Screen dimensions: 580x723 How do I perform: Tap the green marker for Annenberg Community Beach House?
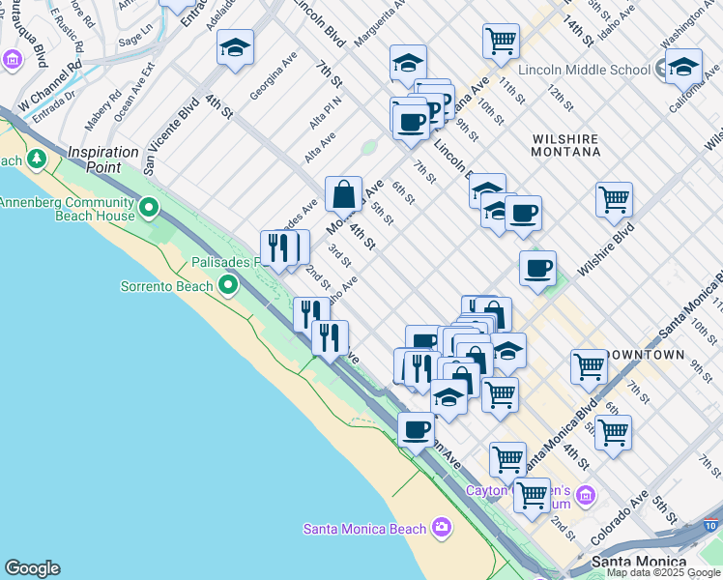(x=149, y=207)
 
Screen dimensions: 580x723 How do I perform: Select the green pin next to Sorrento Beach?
(x=228, y=285)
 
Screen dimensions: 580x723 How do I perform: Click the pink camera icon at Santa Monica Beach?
(x=441, y=527)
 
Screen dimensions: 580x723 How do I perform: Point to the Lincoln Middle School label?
(x=584, y=69)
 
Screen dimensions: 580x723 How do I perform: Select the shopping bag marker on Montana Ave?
(x=343, y=194)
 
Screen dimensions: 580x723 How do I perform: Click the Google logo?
(x=32, y=568)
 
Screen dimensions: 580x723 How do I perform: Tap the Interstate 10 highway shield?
(x=711, y=525)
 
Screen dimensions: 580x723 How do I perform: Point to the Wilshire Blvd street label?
(x=607, y=249)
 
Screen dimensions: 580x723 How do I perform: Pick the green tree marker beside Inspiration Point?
(x=38, y=158)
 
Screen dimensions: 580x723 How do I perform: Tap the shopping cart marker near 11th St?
(x=501, y=41)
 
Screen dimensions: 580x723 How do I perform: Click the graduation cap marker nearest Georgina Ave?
(x=235, y=47)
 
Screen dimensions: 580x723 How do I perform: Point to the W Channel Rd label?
(x=47, y=83)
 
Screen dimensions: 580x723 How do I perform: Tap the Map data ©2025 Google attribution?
(x=662, y=572)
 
